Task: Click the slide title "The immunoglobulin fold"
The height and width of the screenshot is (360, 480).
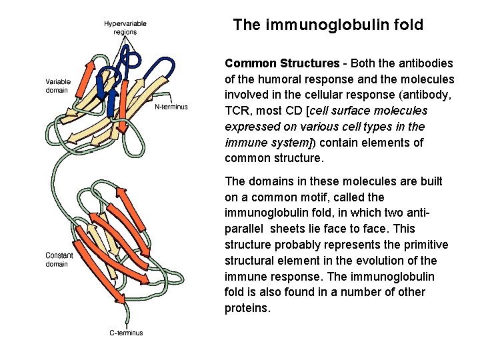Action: pos(328,25)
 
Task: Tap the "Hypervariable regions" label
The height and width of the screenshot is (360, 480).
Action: pos(125,27)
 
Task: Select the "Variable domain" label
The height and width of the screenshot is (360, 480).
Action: pos(58,85)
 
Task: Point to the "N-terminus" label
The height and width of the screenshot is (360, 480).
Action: pos(171,107)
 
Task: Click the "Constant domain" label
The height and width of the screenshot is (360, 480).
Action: pos(59,259)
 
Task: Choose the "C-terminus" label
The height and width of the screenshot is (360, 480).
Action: pos(126,333)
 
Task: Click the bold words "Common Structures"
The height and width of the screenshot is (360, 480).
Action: pos(282,63)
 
